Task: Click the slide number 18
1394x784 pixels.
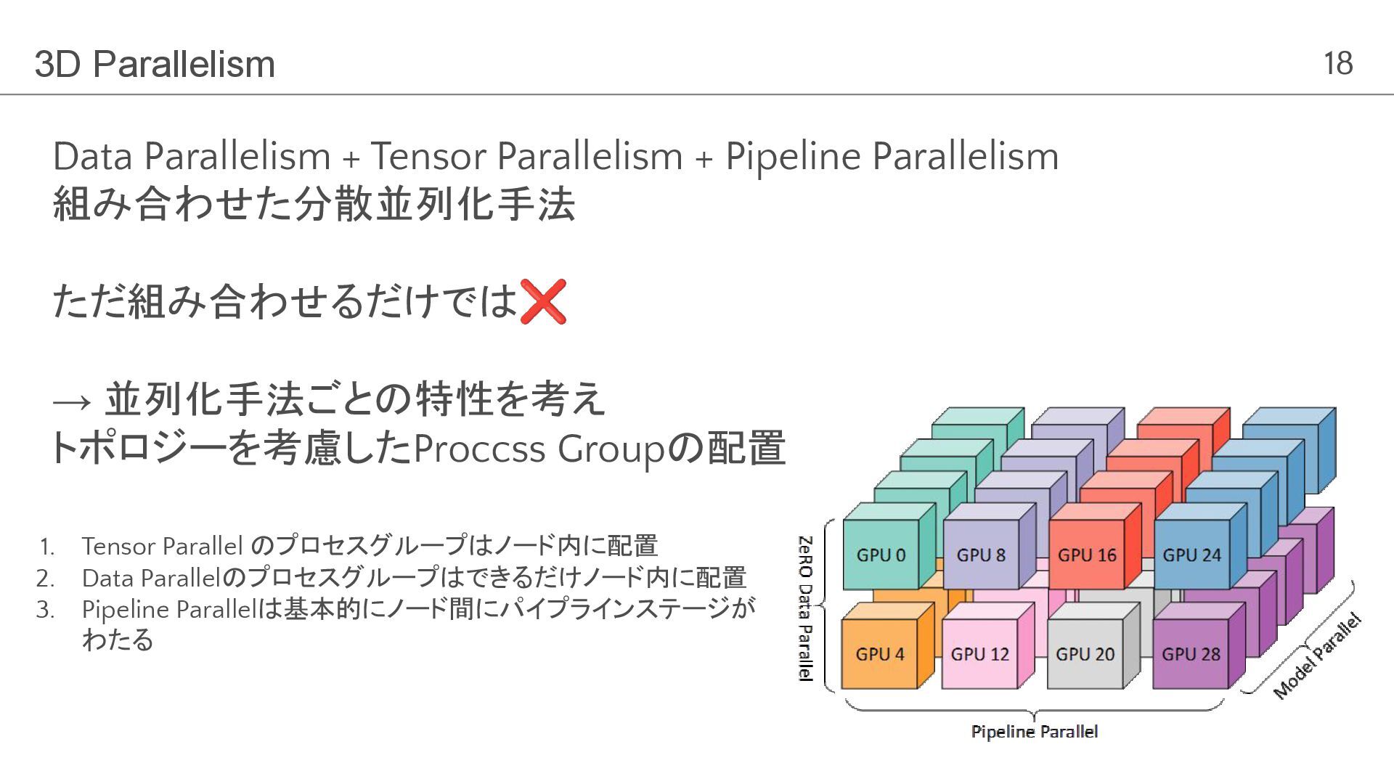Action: tap(1337, 64)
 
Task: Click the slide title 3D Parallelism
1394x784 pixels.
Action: tap(155, 65)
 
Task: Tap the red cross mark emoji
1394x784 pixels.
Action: tap(542, 301)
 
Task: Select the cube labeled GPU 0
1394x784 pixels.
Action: tap(881, 555)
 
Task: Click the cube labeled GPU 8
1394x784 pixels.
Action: tap(981, 555)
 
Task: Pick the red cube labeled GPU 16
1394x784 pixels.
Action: tap(1086, 555)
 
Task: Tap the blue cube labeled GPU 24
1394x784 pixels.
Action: tap(1191, 555)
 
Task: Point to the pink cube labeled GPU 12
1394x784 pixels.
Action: tap(979, 654)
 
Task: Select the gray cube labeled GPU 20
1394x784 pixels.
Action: tap(1085, 654)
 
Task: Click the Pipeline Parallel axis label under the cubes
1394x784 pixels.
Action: tap(1034, 732)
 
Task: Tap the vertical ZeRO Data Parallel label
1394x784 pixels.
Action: tap(805, 608)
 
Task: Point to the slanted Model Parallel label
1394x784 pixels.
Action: tap(1317, 656)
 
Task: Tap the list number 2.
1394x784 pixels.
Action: tap(45, 579)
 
